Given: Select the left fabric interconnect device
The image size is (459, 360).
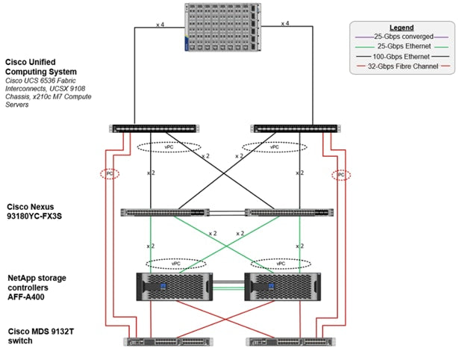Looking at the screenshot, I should click(153, 128).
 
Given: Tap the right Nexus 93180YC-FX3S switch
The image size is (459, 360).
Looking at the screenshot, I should click(287, 212).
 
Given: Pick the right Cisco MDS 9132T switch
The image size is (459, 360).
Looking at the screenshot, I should click(288, 342).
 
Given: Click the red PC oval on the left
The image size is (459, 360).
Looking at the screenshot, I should click(109, 175).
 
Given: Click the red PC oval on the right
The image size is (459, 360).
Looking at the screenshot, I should click(340, 175).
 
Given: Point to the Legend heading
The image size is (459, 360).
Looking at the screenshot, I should click(401, 28).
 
